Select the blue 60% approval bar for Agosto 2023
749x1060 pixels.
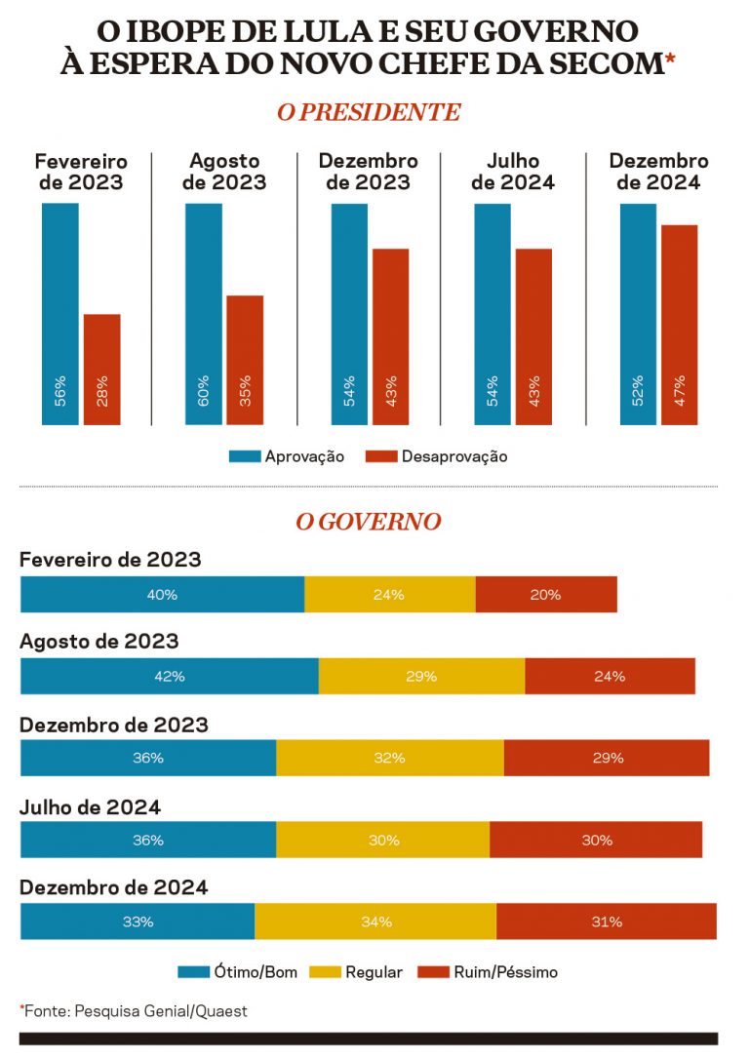tap(204, 314)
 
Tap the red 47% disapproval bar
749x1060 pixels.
tap(680, 325)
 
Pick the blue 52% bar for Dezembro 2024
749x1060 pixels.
tap(638, 314)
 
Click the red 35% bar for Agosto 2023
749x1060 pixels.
tap(245, 360)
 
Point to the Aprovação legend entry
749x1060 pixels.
tap(287, 456)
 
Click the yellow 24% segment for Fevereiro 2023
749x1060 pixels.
tap(389, 595)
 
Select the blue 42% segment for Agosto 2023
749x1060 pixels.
tap(169, 676)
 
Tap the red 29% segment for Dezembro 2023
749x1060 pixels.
tap(607, 758)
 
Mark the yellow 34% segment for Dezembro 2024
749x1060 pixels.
tap(375, 922)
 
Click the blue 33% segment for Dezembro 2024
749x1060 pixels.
tap(137, 922)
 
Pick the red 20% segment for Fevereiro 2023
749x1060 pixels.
tap(546, 595)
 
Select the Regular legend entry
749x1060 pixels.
tap(356, 972)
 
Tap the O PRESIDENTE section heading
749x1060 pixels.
tap(369, 112)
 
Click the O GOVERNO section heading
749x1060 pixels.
tap(369, 523)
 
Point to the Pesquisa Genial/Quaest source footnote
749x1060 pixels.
tap(135, 1011)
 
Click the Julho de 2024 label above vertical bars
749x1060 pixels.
tap(513, 172)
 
